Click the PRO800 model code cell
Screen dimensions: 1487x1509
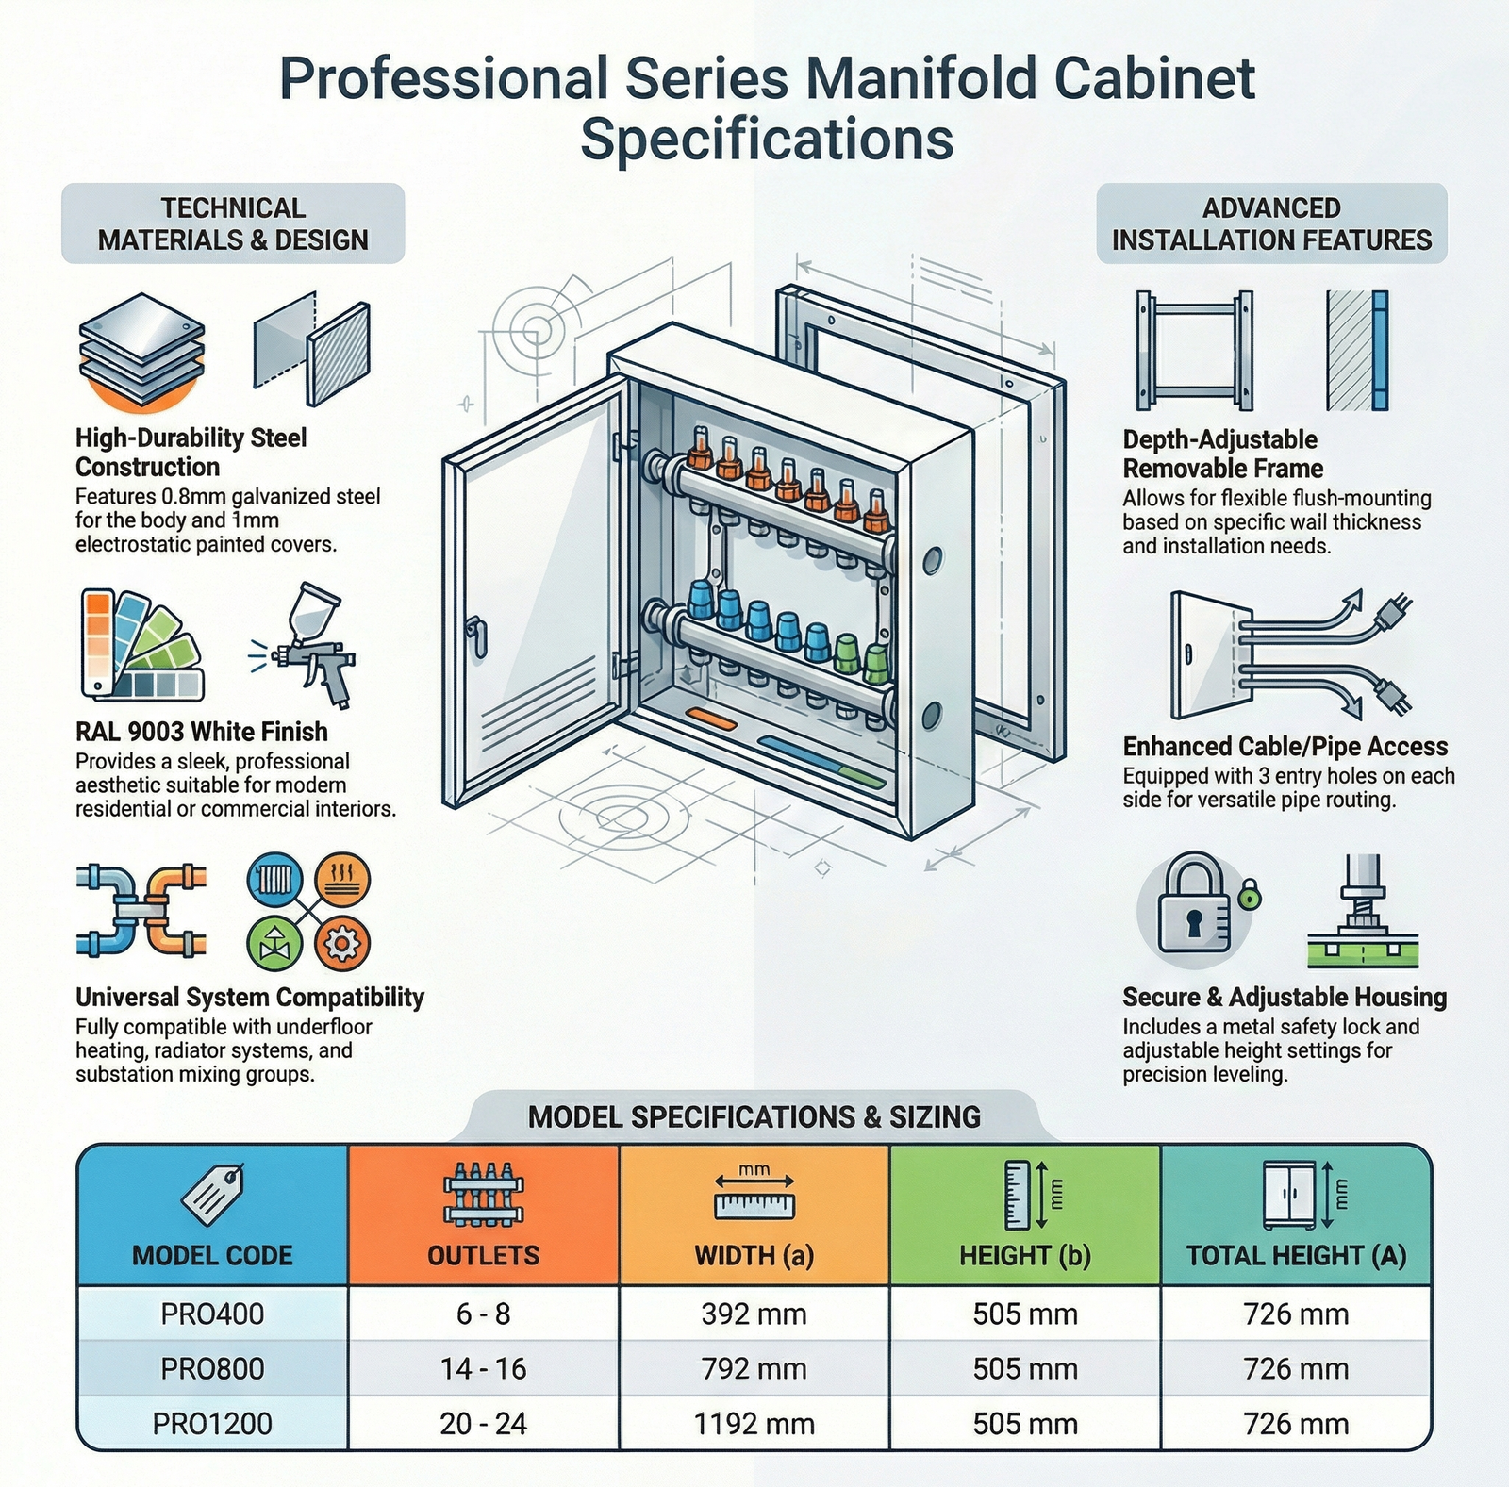coord(212,1368)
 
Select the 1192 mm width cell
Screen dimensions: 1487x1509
coord(754,1423)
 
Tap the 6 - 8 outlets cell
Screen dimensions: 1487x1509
coord(483,1314)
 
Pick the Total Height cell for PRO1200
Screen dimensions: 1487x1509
coord(1296,1423)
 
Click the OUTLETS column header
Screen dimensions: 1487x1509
coord(483,1255)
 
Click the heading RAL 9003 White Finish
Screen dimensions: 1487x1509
coord(202,732)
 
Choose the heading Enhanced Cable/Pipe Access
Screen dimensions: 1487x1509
coord(1285,747)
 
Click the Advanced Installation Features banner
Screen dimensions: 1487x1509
coord(1271,223)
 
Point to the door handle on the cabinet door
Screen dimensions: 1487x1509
coord(477,636)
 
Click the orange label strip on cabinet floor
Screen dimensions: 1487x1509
coord(712,720)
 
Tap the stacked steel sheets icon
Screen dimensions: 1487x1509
coord(141,351)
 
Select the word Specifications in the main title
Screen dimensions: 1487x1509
coord(767,140)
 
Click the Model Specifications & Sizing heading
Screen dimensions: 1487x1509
coord(754,1117)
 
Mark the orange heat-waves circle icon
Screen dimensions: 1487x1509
coord(341,881)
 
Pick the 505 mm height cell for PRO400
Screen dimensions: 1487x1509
coord(1025,1314)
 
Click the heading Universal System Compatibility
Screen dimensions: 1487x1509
coord(250,998)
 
